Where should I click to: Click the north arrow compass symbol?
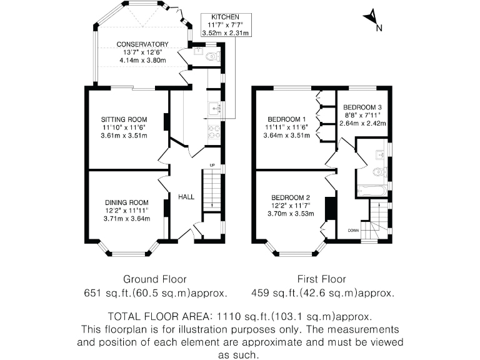tap(374, 19)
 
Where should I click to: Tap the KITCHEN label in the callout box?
tap(225, 16)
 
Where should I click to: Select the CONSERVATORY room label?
tap(142, 44)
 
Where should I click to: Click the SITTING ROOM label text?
tap(124, 119)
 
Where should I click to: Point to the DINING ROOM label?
tap(126, 202)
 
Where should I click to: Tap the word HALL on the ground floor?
tap(186, 197)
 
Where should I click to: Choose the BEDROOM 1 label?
tap(286, 119)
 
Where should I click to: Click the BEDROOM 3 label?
tap(362, 107)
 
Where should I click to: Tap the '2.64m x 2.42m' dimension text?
tap(362, 123)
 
